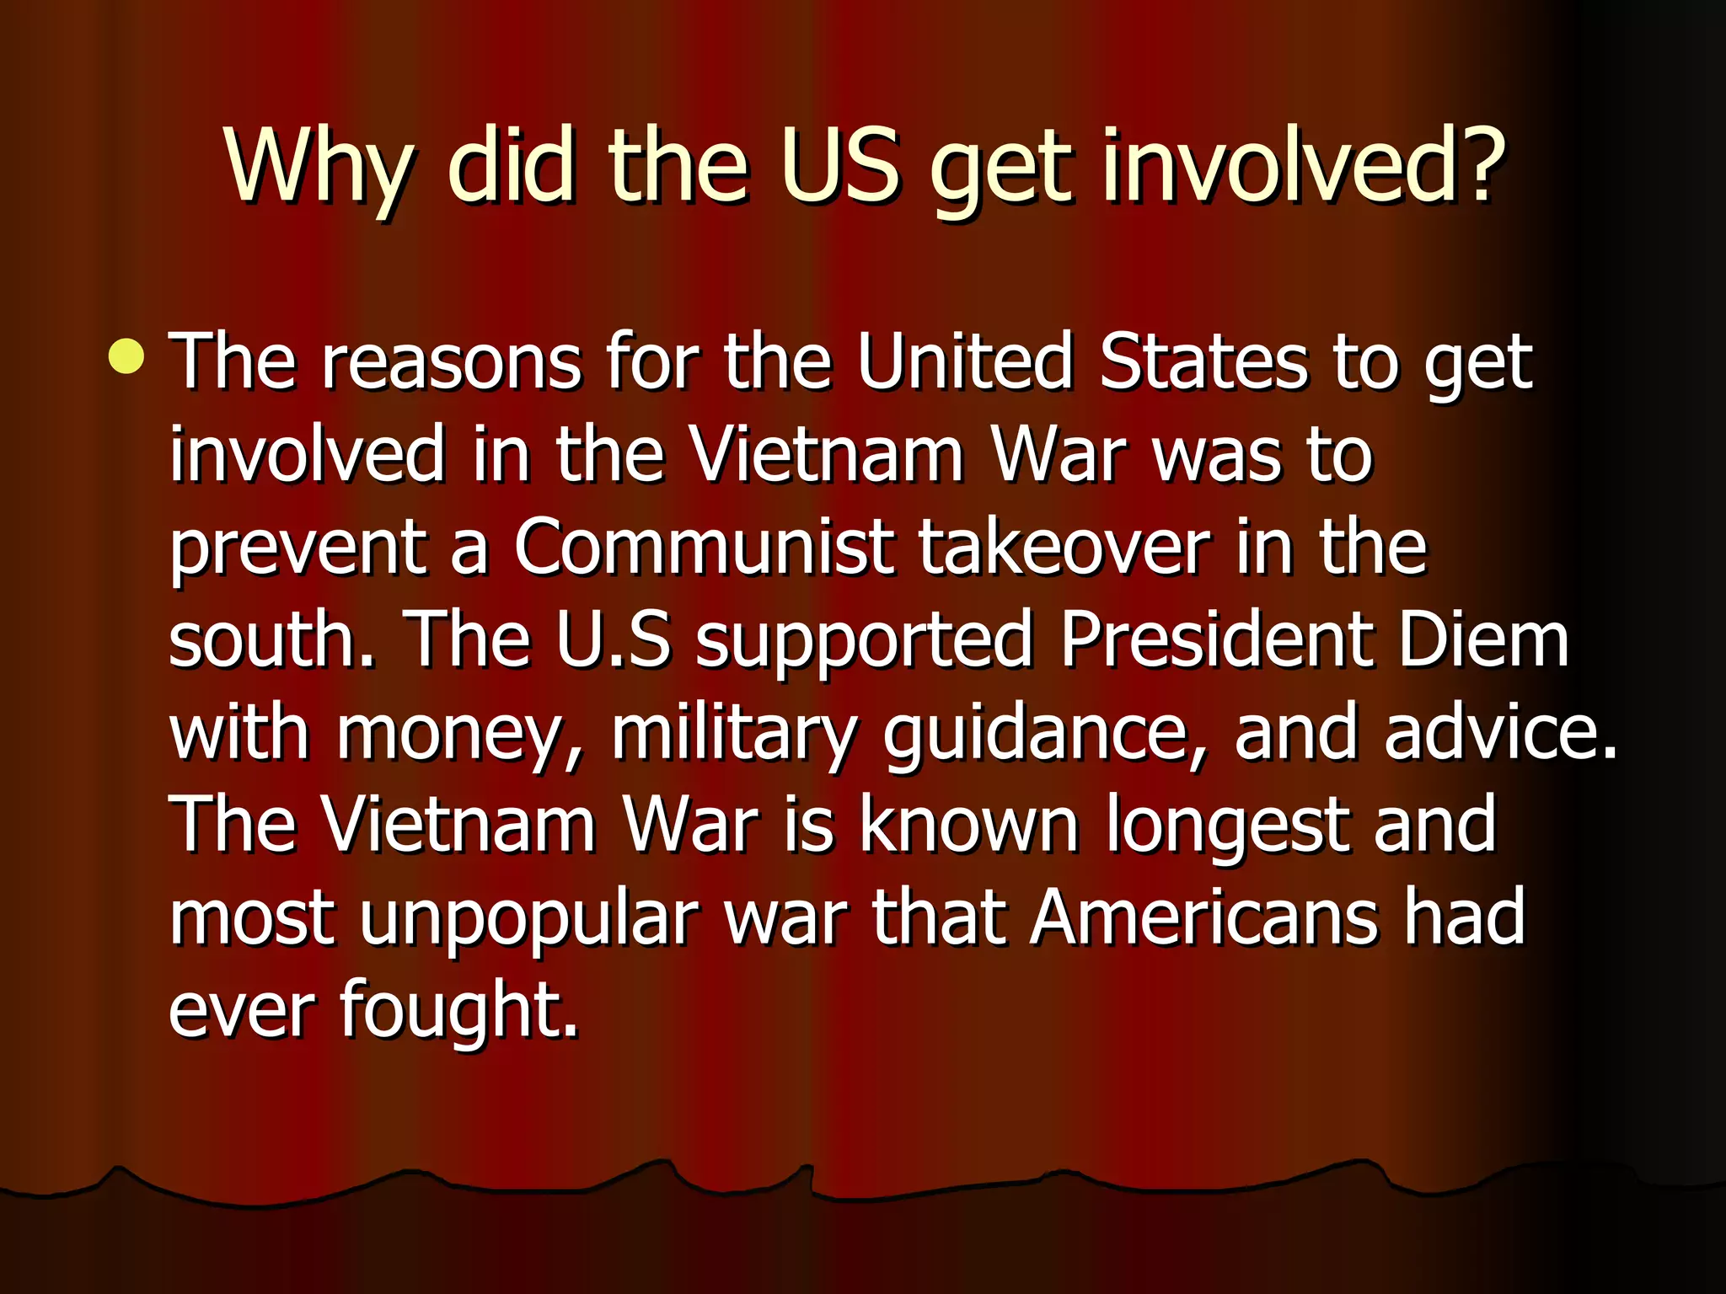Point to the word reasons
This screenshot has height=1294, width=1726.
coord(451,361)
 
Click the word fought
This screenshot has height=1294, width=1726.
coord(458,1011)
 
